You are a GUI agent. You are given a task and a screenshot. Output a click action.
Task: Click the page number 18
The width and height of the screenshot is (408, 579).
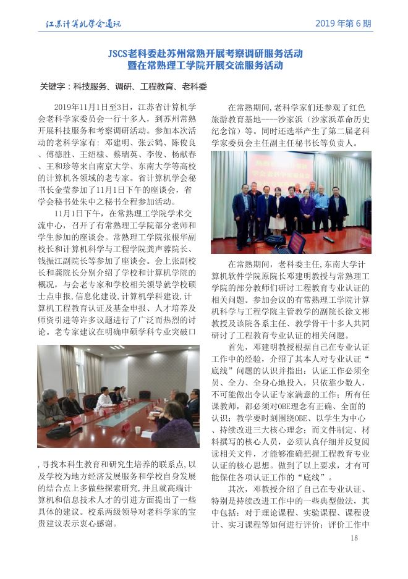click(354, 538)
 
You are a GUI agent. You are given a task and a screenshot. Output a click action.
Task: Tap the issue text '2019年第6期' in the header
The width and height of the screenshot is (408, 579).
click(343, 24)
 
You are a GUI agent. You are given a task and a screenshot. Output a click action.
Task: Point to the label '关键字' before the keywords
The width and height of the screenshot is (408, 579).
click(53, 87)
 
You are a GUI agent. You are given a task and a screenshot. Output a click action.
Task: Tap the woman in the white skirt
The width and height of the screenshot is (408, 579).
click(278, 208)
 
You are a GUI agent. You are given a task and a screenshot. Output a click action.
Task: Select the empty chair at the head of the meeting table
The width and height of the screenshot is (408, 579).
click(145, 395)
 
